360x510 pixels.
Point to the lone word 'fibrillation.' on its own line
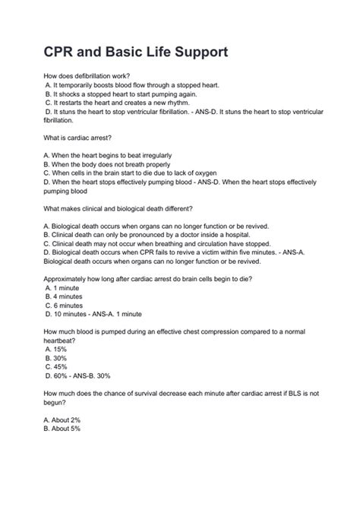[58, 120]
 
